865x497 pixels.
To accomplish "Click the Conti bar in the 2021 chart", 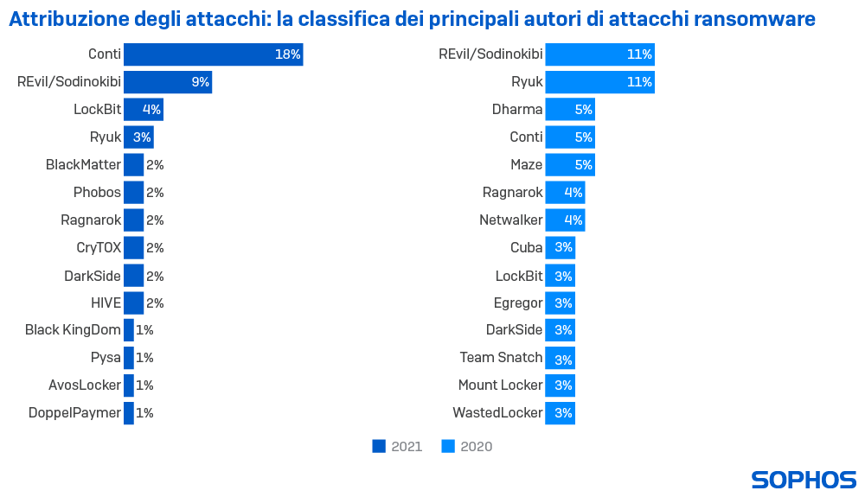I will [213, 54].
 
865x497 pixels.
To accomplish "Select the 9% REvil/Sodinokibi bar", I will [168, 82].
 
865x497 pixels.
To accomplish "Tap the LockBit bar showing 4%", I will [143, 110].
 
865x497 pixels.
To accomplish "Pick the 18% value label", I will [287, 54].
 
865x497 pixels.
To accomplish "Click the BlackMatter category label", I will [83, 164].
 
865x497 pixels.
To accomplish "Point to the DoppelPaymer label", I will [75, 412].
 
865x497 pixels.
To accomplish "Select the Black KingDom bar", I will [129, 329].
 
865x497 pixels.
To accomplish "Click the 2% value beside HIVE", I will [155, 303].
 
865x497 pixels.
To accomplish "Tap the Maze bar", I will [569, 164].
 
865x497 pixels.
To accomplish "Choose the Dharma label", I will [517, 110].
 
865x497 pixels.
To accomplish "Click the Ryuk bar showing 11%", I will [599, 82].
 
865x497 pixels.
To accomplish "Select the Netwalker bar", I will [565, 220].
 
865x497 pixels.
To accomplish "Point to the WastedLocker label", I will [497, 412].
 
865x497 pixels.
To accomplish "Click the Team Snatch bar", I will [560, 357].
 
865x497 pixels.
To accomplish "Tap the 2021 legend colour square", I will [379, 446].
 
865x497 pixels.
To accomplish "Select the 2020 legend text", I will [476, 446].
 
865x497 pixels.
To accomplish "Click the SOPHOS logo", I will [804, 480].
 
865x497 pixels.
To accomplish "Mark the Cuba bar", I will [560, 247].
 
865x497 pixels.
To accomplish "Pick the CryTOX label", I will [98, 247].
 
